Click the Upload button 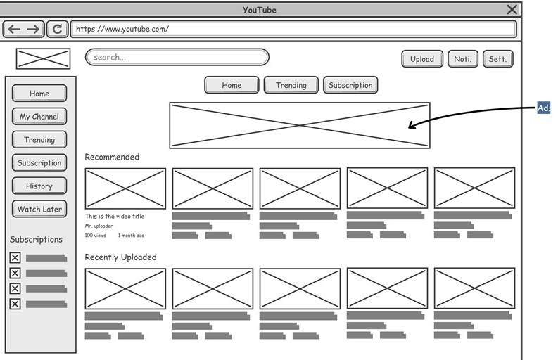pos(422,59)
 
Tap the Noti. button pos(462,59)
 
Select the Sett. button pos(497,59)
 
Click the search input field pos(177,57)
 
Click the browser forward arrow pos(33,29)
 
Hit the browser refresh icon pos(57,29)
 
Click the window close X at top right pos(512,9)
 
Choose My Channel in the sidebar pos(39,117)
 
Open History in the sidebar pos(39,186)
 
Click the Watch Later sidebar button pos(39,209)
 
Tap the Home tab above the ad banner pos(232,85)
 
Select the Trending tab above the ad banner pos(291,85)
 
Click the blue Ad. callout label pos(543,108)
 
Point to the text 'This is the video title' pos(115,217)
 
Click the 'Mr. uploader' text pos(99,226)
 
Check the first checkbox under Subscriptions pos(15,258)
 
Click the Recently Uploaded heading pos(120,257)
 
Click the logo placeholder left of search pos(43,59)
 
